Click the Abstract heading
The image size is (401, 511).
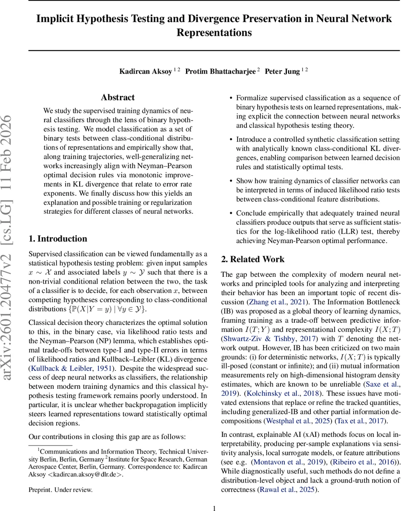click(x=117, y=98)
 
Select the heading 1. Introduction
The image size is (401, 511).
click(x=57, y=238)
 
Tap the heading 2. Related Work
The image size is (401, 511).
click(x=253, y=259)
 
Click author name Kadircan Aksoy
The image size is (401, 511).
click(x=146, y=71)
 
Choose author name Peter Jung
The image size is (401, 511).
click(x=282, y=71)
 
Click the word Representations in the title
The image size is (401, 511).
click(x=214, y=33)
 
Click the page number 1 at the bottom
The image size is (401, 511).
click(x=215, y=508)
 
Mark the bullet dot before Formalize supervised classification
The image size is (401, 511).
click(x=231, y=98)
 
